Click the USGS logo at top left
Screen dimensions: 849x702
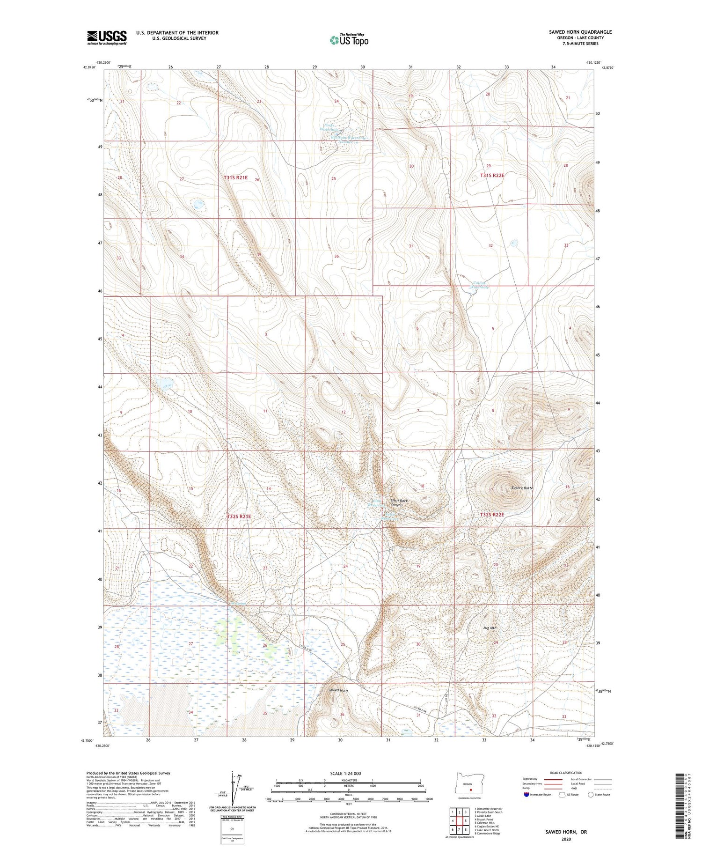(107, 37)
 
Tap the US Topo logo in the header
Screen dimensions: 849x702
(349, 40)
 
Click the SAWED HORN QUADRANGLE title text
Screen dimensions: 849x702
(580, 32)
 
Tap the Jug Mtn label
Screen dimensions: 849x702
(490, 628)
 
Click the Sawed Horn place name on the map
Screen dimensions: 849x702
(338, 690)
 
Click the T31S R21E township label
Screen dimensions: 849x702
(235, 178)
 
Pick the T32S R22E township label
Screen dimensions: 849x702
(492, 514)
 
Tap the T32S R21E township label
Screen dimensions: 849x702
(239, 516)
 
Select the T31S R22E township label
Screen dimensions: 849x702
(492, 175)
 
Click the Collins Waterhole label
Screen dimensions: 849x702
(480, 285)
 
